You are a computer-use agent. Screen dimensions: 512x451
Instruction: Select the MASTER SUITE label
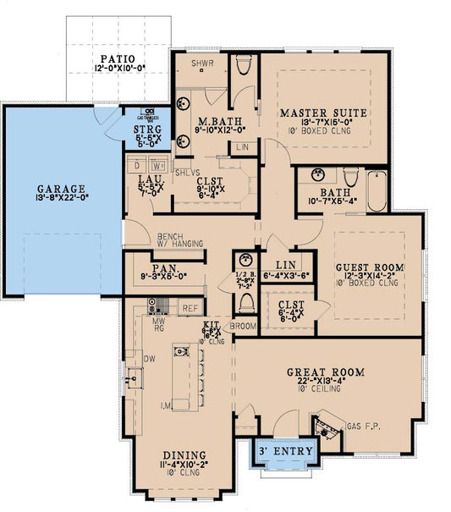323,112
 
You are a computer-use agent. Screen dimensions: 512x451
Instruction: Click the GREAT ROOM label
325,372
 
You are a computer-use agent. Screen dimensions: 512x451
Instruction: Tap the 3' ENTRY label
288,451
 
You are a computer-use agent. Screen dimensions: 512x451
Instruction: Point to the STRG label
147,130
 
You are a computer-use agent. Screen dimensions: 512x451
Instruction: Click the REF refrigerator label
190,309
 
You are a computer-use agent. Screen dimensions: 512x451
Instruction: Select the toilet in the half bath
246,301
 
